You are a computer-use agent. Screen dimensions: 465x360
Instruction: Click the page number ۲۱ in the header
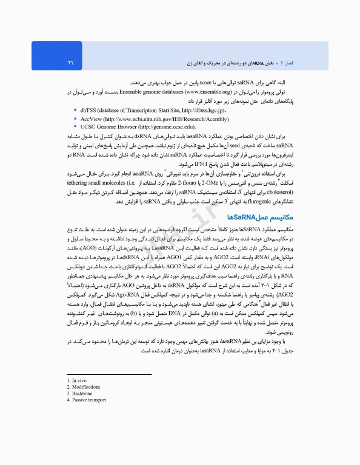point(71,62)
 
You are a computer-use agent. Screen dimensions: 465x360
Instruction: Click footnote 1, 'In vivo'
point(79,380)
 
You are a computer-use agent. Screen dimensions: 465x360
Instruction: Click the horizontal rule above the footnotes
point(108,374)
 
